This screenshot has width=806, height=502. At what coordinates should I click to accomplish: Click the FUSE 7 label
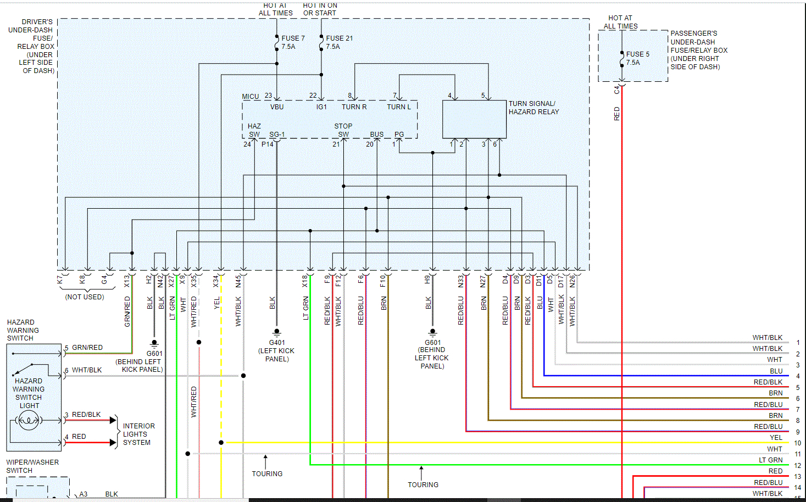tap(293, 38)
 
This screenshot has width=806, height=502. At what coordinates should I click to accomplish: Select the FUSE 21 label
tap(339, 38)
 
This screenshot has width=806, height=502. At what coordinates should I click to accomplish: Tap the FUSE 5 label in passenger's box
tap(637, 54)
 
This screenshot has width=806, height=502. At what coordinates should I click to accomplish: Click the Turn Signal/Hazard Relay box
tap(474, 119)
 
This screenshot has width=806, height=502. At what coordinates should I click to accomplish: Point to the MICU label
tap(251, 97)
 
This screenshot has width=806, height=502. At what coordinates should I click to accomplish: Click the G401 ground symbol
tap(277, 332)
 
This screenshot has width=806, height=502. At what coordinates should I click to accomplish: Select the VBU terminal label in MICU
tap(277, 107)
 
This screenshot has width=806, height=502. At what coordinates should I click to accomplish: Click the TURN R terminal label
tap(354, 107)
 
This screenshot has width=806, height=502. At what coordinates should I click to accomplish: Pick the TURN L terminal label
tap(399, 107)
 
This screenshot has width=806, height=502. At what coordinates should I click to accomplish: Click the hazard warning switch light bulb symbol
tap(28, 421)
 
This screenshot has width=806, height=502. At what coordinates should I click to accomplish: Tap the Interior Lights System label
tap(138, 434)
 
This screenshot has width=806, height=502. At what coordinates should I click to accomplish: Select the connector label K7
tap(60, 280)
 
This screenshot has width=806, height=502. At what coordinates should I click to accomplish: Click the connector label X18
tap(305, 281)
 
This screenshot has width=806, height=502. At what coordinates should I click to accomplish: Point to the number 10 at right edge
tap(798, 443)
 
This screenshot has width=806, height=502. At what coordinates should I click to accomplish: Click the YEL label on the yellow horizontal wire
tap(776, 438)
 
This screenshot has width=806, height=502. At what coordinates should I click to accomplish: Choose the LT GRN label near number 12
tap(771, 460)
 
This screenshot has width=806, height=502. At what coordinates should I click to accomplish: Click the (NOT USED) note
tap(85, 297)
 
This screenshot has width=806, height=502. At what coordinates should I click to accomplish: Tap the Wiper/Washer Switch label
tap(32, 466)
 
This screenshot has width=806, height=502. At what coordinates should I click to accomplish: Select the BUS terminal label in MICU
tap(377, 135)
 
